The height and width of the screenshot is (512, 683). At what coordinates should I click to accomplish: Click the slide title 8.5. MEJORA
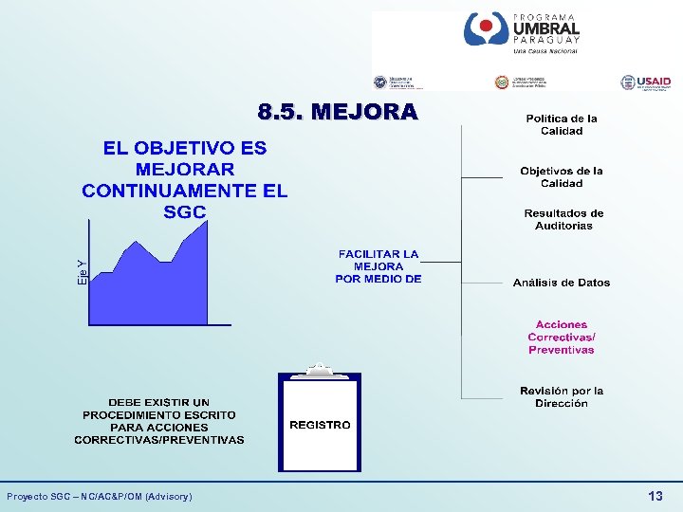pyautogui.click(x=338, y=113)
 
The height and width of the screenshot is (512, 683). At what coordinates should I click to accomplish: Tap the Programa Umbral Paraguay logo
pyautogui.click(x=522, y=34)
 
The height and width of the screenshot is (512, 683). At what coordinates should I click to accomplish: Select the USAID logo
pyautogui.click(x=645, y=83)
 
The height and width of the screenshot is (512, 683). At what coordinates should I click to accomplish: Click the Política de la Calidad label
pyautogui.click(x=562, y=125)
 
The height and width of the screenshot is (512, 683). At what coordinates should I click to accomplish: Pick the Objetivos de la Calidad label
pyautogui.click(x=562, y=177)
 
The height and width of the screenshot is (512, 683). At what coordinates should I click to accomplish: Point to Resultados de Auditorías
pyautogui.click(x=563, y=220)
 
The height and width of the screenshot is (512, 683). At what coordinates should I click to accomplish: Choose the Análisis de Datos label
pyautogui.click(x=562, y=283)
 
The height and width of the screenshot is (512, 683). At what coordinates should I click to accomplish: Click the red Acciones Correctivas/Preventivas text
pyautogui.click(x=562, y=338)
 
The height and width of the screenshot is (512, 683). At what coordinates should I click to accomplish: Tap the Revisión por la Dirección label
pyautogui.click(x=562, y=397)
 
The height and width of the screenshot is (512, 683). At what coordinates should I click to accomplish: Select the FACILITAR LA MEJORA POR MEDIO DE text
pyautogui.click(x=378, y=266)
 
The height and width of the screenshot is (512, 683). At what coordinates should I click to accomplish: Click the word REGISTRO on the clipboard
pyautogui.click(x=320, y=425)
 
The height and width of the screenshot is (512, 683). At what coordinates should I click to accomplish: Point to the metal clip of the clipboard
pyautogui.click(x=320, y=369)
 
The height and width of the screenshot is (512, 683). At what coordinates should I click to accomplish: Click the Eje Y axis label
pyautogui.click(x=83, y=274)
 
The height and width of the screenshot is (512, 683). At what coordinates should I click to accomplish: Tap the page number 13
pyautogui.click(x=655, y=496)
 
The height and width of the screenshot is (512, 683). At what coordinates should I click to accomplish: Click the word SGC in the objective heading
pyautogui.click(x=184, y=212)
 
